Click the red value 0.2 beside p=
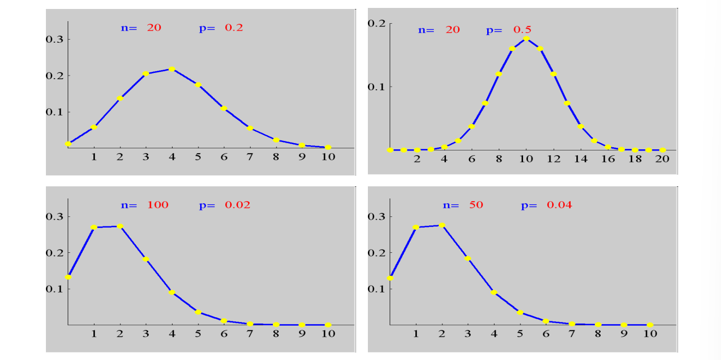pos(234,27)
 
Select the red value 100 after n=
pos(158,205)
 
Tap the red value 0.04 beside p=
pos(559,205)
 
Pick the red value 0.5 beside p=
pos(522,30)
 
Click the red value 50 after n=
pos(476,205)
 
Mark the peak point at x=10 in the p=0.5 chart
pos(526,39)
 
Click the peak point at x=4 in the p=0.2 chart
pos(172,69)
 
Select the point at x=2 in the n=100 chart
pos(120,226)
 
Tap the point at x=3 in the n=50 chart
pos(468,259)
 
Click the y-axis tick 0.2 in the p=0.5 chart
pos(376,23)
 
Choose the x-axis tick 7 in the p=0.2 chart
pos(250,157)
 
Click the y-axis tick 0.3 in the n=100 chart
pos(54,216)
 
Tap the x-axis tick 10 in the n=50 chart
pos(650,334)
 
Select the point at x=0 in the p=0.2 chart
pos(68,144)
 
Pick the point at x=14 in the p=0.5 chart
pos(581,126)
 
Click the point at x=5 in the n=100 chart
pos(198,312)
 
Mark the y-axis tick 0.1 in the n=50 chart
pos(376,289)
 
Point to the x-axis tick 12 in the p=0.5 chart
pos(554,159)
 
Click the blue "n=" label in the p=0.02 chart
pos(129,205)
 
